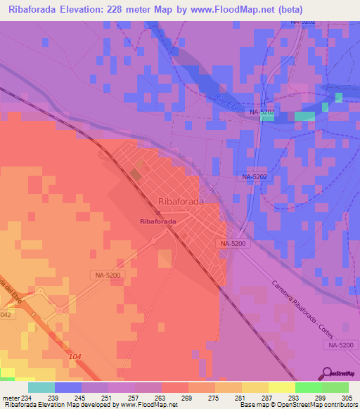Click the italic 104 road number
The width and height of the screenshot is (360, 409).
(x=76, y=358)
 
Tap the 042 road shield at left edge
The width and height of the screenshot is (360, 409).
(x=6, y=316)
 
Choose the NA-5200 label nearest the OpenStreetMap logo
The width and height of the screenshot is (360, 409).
(x=340, y=345)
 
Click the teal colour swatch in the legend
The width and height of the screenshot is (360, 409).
(x=41, y=387)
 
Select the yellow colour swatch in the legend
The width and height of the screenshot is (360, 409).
(x=281, y=387)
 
